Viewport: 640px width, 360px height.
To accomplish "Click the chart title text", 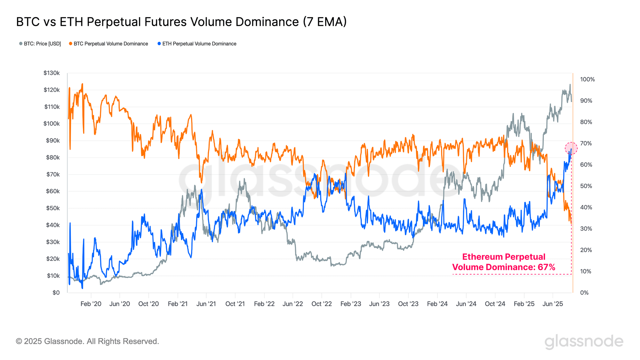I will click(181, 22).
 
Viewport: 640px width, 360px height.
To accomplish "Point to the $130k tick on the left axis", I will click(52, 73).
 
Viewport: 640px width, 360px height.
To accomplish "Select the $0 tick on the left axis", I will click(56, 292).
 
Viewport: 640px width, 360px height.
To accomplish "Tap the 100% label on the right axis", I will click(587, 79).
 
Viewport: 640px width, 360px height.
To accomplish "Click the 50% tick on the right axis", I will click(586, 186).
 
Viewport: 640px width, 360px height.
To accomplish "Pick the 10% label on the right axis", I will click(586, 271).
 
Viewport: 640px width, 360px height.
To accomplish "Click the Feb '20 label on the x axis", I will click(91, 304).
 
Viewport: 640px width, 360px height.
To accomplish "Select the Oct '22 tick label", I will click(322, 304).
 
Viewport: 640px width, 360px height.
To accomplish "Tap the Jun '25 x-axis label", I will click(553, 304).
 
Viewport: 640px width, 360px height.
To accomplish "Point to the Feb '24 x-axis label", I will click(437, 304).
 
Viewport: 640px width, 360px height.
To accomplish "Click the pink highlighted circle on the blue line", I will click(571, 148).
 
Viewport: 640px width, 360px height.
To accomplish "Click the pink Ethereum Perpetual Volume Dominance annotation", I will click(504, 262).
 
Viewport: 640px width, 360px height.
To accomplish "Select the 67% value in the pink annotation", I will click(546, 267).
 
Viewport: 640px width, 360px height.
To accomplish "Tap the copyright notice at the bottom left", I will click(87, 341).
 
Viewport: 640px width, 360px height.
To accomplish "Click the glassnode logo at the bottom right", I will click(584, 341).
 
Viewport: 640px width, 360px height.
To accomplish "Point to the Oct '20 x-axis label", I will click(148, 304).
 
